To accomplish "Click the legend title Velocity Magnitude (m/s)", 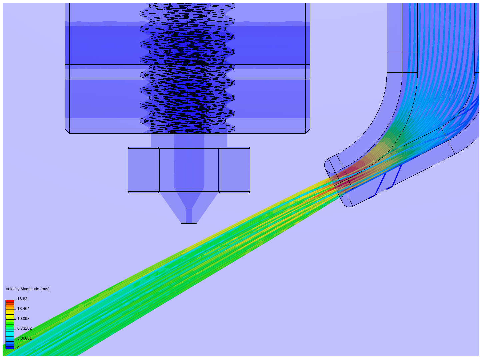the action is coord(28,289).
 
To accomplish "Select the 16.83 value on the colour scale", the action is coord(22,299).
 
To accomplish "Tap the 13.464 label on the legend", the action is coord(23,308).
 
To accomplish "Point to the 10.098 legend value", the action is coord(23,318).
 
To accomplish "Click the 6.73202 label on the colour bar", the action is coord(24,328).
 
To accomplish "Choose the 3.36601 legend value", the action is coord(24,338).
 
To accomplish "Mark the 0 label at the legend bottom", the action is coord(18,348).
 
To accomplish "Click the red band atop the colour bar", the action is coord(10,301).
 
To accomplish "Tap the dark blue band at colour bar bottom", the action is coord(10,348).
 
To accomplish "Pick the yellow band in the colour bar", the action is coord(10,315).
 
